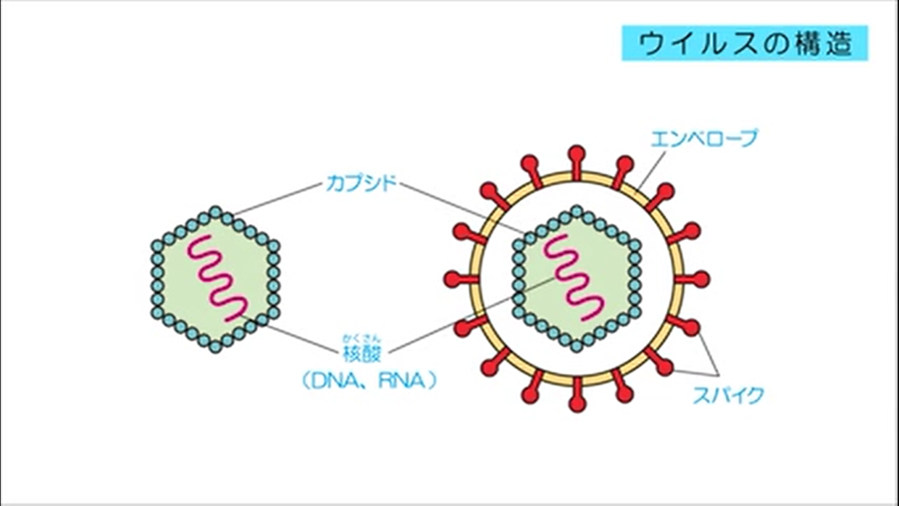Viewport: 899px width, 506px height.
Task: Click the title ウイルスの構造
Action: click(x=744, y=42)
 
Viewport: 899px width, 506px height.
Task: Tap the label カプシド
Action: click(x=361, y=184)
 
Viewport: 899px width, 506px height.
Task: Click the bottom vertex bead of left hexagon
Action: click(x=216, y=349)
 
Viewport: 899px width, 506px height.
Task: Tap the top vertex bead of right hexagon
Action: click(x=576, y=211)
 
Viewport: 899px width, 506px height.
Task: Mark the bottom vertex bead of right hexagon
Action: click(x=576, y=347)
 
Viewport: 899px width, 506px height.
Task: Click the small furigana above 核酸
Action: click(x=361, y=339)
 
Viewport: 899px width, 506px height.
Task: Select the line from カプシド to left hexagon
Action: click(x=277, y=199)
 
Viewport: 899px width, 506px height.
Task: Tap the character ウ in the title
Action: click(x=649, y=42)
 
